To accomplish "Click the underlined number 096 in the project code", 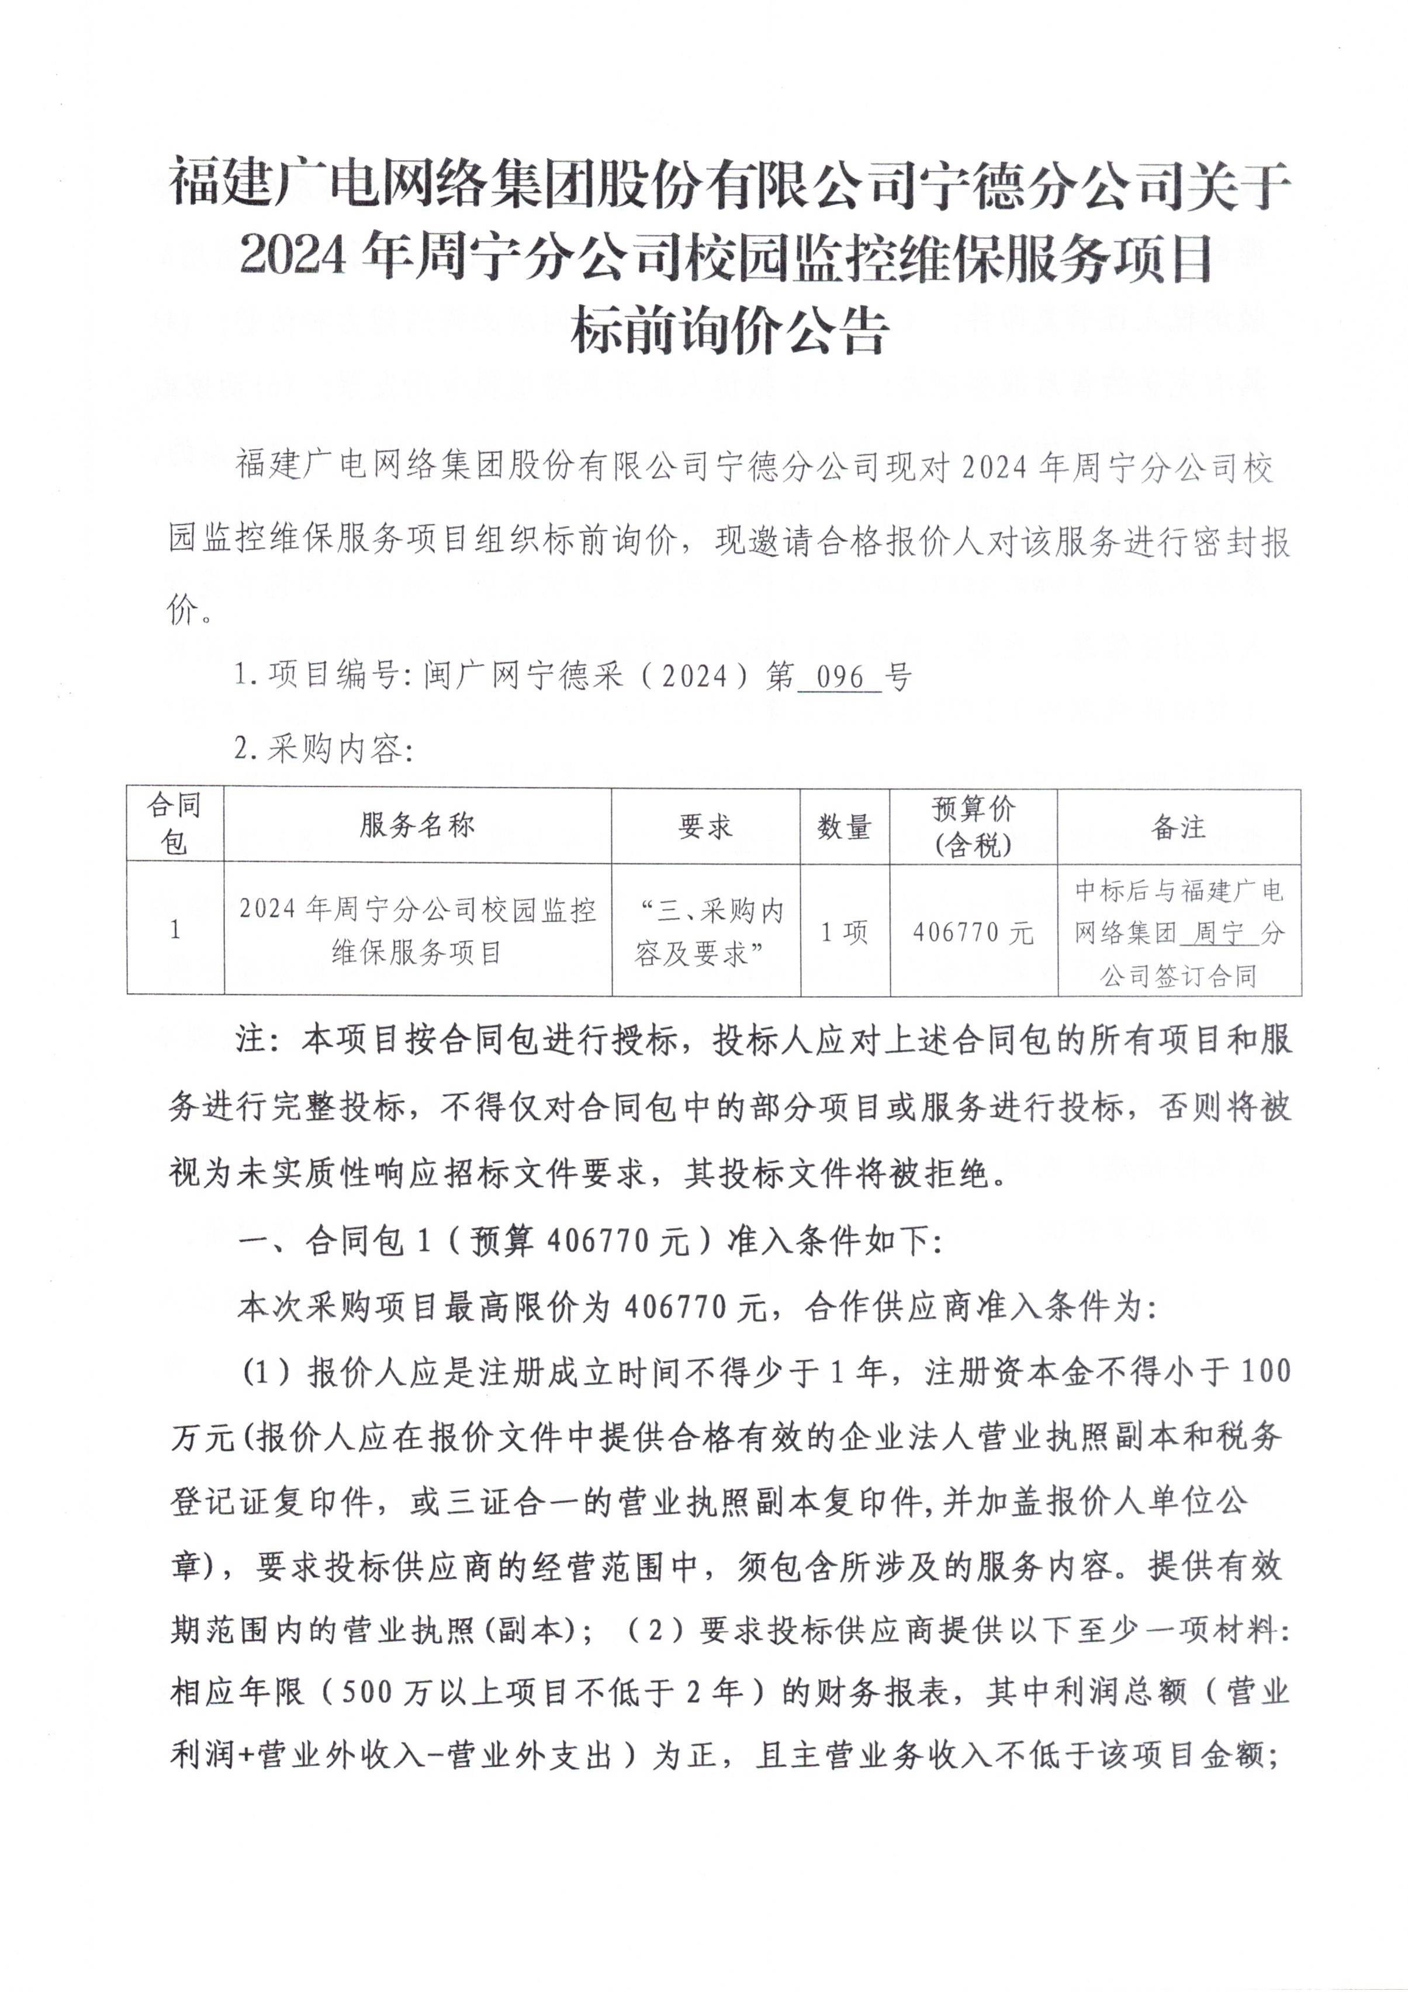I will pyautogui.click(x=838, y=676).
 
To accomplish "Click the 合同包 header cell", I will pyautogui.click(x=174, y=824).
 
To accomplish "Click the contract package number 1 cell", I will pyautogui.click(x=175, y=929).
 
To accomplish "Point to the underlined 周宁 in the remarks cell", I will pyautogui.click(x=1219, y=933).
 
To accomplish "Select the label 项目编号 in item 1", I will pyautogui.click(x=333, y=676).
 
